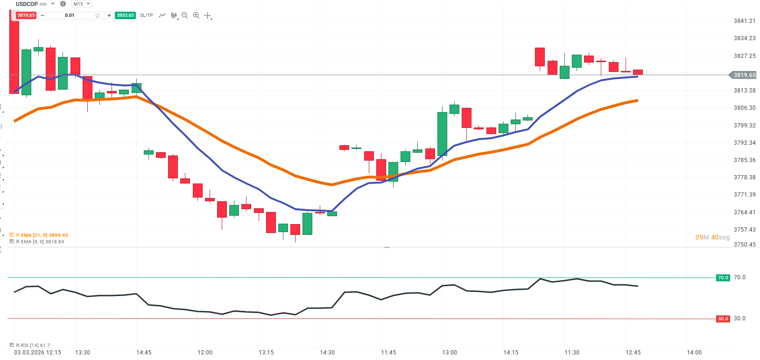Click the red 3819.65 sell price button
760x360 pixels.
[26, 15]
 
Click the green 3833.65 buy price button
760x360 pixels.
[125, 15]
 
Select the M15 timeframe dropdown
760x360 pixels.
[82, 4]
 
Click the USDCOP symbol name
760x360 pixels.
[27, 4]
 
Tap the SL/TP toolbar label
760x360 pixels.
[146, 15]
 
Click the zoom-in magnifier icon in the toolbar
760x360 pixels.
[196, 15]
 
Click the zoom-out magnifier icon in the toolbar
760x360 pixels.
[184, 15]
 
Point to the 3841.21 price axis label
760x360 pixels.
[744, 21]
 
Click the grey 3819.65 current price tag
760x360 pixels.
[744, 75]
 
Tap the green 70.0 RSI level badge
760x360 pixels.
[723, 278]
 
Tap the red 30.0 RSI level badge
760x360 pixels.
[723, 319]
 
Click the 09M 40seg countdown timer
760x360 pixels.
[712, 237]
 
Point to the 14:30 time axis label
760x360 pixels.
[327, 353]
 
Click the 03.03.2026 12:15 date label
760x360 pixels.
[37, 353]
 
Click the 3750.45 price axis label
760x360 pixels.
[744, 245]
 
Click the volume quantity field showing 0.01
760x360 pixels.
[70, 15]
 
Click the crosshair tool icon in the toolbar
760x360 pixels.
[208, 15]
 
